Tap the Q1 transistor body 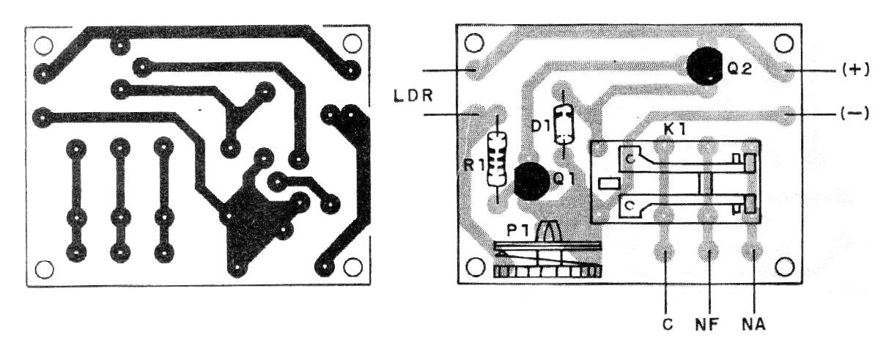coord(532,181)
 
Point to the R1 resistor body coord(498,158)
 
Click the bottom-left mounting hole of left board coord(44,269)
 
